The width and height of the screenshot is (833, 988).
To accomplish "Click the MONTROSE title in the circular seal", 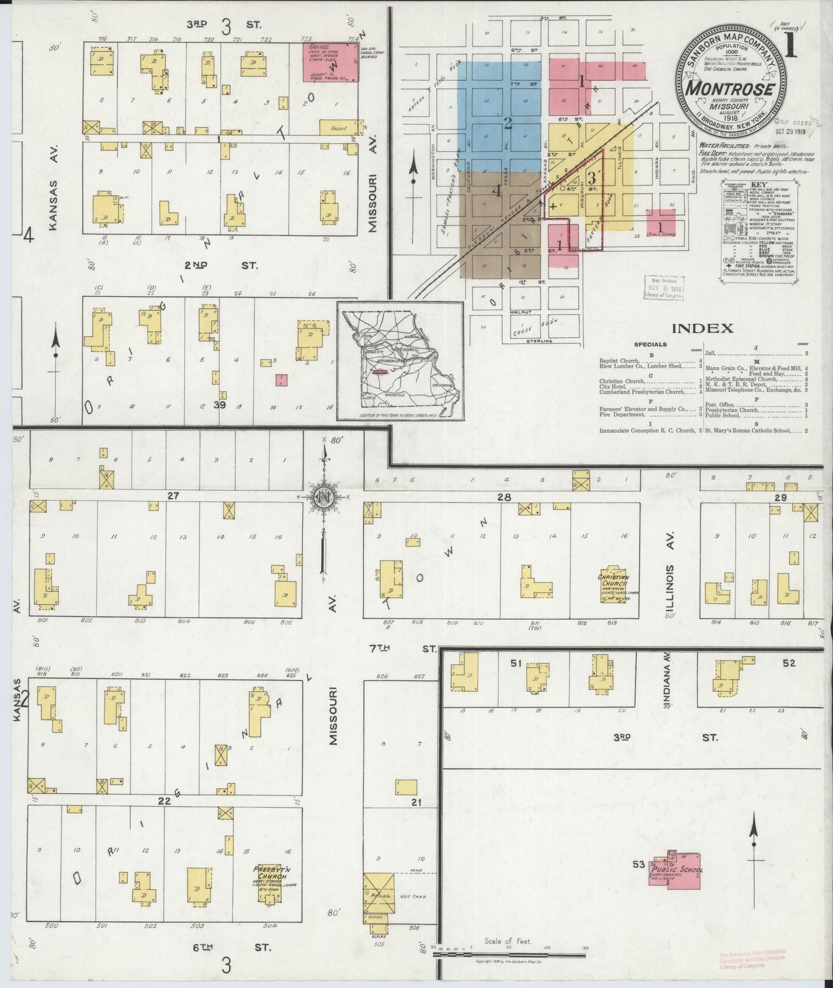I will (729, 89).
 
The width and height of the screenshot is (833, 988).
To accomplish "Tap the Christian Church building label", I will (614, 580).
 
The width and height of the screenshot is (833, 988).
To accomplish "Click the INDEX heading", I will (702, 329).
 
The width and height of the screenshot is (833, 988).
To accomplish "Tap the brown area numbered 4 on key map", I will (499, 222).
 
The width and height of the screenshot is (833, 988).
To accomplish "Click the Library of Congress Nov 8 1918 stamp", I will (664, 287).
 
